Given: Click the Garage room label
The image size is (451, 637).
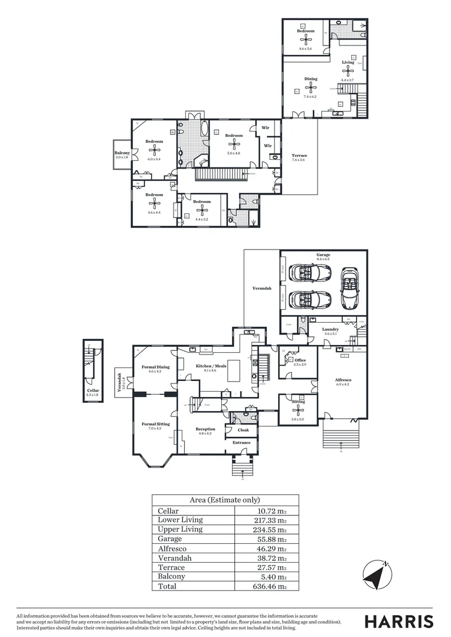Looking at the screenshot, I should coord(323,255).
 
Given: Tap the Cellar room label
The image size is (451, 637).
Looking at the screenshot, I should coord(93,390).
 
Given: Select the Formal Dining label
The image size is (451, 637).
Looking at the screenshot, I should coord(155,367).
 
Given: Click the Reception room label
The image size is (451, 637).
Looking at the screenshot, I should coord(205,429).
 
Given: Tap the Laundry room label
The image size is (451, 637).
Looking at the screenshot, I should coord(330,329).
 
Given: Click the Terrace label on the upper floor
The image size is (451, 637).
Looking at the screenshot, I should coord(299,156).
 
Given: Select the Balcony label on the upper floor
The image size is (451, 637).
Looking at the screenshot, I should coord(122,153).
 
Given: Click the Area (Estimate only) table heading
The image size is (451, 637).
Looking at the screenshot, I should coord(225,500).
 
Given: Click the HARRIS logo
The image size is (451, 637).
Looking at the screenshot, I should coord(398,621).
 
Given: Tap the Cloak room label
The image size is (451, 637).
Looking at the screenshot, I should coord(243,430).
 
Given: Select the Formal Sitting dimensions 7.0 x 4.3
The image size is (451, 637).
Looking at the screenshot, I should coord(155,428).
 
